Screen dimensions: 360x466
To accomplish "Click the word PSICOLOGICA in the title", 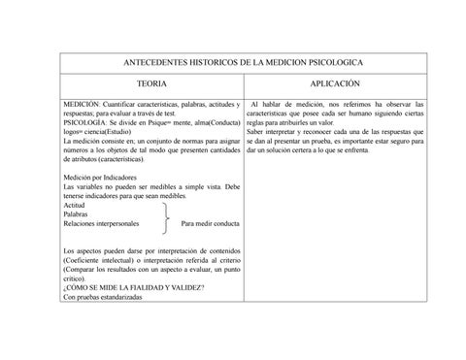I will [x=331, y=60].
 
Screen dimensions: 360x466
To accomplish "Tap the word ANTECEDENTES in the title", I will [x=165, y=60].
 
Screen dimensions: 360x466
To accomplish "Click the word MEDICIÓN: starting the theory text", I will [x=83, y=103].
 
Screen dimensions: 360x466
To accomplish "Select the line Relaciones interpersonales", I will [x=100, y=223].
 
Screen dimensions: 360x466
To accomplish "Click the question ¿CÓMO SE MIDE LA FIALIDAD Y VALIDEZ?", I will [x=132, y=286].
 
